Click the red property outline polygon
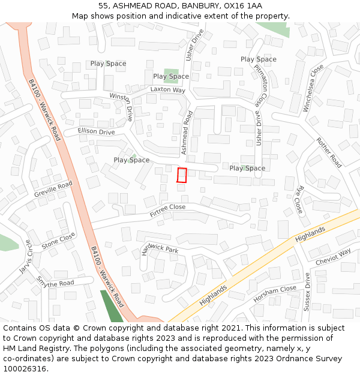(182, 175)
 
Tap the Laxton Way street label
(167, 90)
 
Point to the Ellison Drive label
(96, 132)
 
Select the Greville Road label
(53, 189)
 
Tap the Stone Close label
(59, 240)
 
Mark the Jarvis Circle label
(25, 257)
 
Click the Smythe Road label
(55, 283)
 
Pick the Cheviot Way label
(333, 257)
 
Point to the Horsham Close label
(275, 293)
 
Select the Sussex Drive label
(307, 292)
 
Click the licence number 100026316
(25, 368)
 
